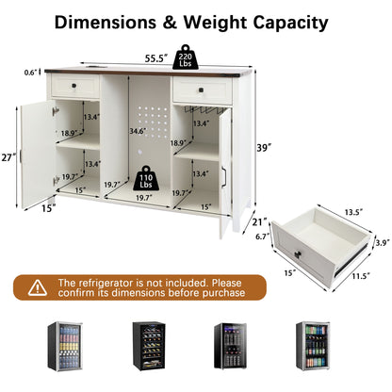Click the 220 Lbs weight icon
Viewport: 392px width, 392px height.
pos(186,57)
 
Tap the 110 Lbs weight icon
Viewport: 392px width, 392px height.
pos(146,178)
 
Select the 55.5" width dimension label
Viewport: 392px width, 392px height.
pos(155,58)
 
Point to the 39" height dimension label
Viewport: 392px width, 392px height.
pos(264,148)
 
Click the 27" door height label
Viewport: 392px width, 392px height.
pos(8,157)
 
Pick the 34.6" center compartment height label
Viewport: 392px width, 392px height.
pos(139,131)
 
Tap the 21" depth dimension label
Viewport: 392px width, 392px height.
pos(259,222)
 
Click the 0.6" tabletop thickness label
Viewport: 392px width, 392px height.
pos(31,73)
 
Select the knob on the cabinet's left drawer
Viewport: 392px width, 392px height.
pos(74,86)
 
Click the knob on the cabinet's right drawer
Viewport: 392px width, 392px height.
pos(202,90)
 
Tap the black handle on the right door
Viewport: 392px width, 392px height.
pos(223,177)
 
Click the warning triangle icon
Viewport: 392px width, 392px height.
pos(38,287)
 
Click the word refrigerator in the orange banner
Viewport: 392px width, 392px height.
pos(106,283)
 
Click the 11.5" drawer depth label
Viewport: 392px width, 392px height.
pos(361,276)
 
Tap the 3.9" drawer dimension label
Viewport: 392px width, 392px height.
pos(384,242)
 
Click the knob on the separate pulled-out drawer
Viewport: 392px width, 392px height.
pos(298,253)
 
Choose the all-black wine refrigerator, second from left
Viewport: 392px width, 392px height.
pos(149,346)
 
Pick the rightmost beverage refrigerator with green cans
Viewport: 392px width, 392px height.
pos(313,346)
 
